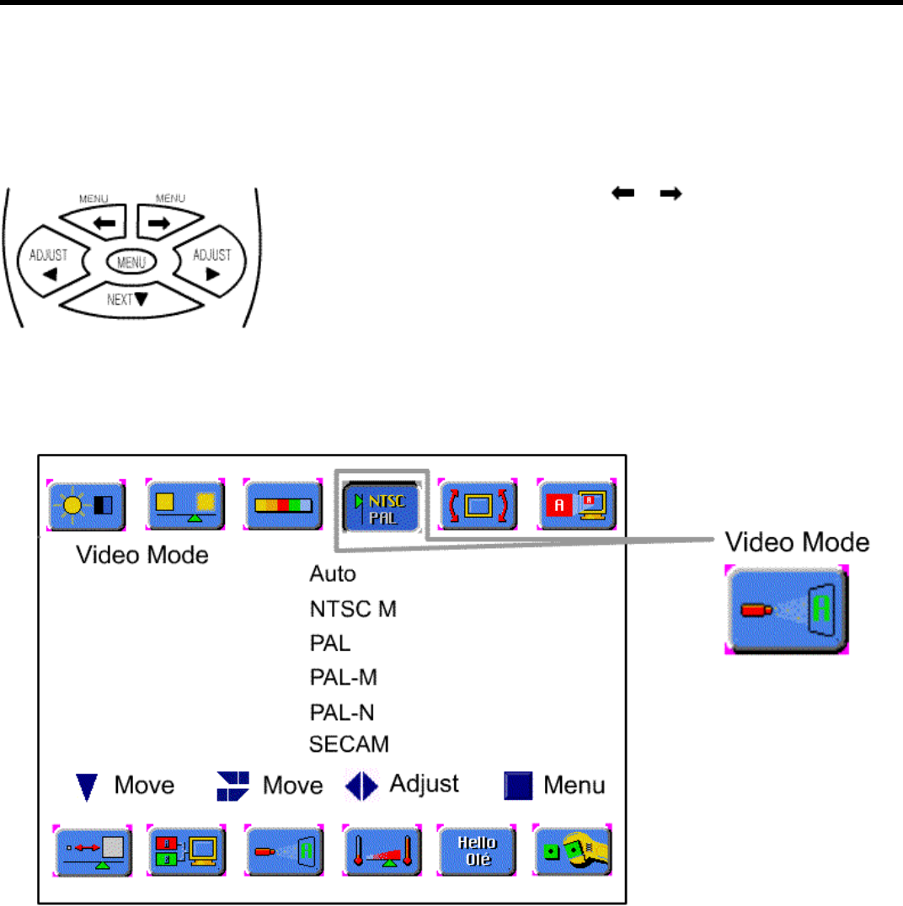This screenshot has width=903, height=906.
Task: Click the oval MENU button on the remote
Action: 131,262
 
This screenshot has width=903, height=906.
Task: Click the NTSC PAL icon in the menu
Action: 381,505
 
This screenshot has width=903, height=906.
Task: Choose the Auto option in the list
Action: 333,574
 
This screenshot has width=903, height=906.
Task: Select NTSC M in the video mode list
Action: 353,609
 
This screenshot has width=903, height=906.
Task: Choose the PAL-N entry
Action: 342,712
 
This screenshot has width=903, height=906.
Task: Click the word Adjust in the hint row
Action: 424,784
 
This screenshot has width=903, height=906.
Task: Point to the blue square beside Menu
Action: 518,786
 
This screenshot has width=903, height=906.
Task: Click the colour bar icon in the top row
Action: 283,505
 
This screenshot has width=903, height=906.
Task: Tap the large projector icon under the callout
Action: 787,610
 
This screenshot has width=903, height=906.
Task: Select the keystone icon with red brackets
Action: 478,505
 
